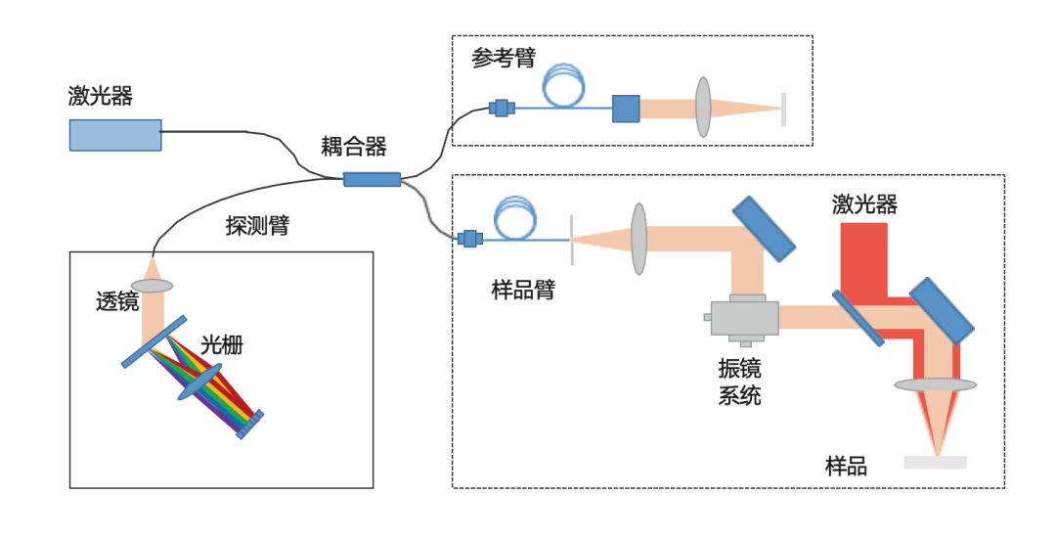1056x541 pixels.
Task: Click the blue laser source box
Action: pyautogui.click(x=115, y=135)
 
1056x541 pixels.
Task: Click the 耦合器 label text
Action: pyautogui.click(x=354, y=148)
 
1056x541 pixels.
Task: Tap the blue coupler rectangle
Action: pyautogui.click(x=372, y=179)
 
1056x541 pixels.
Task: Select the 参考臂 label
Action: pyautogui.click(x=504, y=59)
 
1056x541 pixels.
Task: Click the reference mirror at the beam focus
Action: pyautogui.click(x=783, y=109)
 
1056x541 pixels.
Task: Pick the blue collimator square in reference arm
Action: pyautogui.click(x=626, y=109)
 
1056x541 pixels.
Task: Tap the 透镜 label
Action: pyautogui.click(x=116, y=301)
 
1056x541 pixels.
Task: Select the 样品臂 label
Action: pyautogui.click(x=523, y=290)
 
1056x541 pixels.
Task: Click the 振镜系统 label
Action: pyautogui.click(x=739, y=383)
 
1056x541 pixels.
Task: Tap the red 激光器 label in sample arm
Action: pyautogui.click(x=864, y=204)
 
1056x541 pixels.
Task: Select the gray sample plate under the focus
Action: pyautogui.click(x=936, y=462)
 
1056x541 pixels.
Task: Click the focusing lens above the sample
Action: pyautogui.click(x=936, y=386)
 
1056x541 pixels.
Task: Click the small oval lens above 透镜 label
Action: pyautogui.click(x=152, y=286)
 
